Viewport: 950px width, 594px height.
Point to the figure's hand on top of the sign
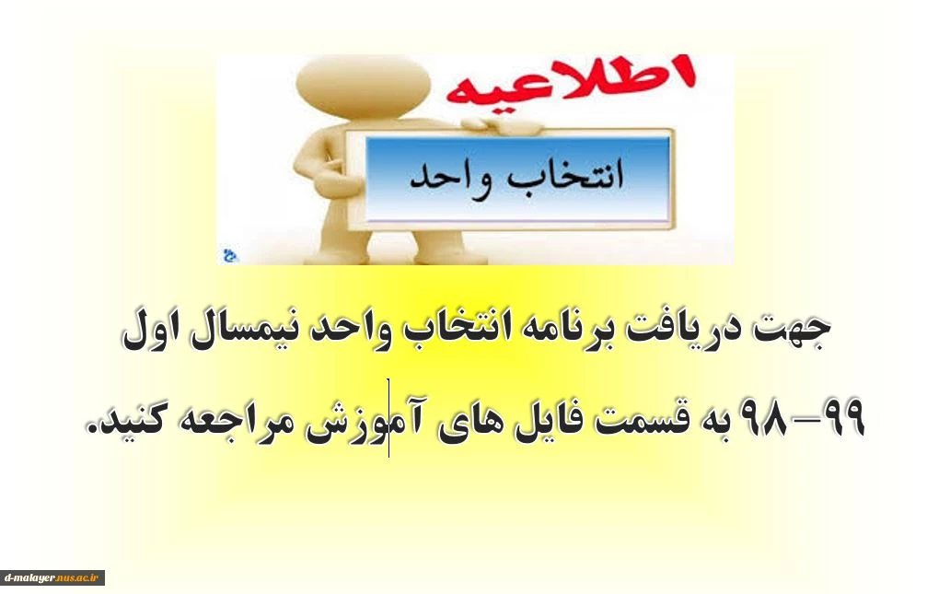(503, 125)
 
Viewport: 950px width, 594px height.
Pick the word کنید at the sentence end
(133, 420)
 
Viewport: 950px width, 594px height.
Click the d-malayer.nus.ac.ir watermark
(52, 577)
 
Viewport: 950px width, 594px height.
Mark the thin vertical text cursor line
(388, 418)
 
